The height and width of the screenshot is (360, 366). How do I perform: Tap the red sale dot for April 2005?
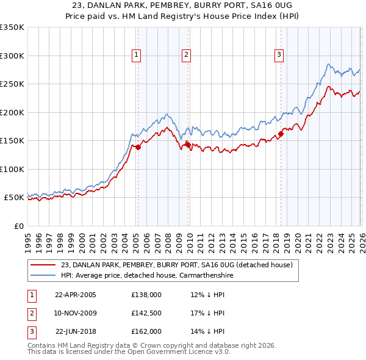click(138, 147)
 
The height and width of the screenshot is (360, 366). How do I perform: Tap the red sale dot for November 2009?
click(188, 145)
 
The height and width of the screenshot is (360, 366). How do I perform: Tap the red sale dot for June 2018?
click(281, 134)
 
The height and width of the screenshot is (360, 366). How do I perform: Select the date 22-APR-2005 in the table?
click(76, 295)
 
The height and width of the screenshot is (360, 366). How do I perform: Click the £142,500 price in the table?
click(146, 313)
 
